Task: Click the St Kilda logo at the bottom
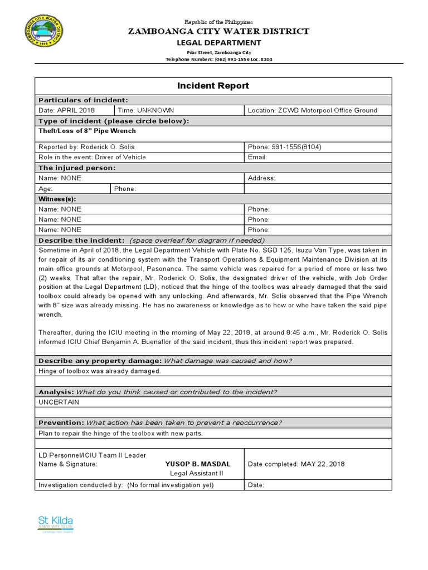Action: point(55,524)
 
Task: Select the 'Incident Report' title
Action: point(213,86)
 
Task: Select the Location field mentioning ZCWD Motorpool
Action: point(312,110)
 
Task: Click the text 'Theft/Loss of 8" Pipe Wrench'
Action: point(87,131)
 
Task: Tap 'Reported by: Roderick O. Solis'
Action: point(86,147)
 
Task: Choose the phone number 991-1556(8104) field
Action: point(284,147)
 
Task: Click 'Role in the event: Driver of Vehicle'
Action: point(92,157)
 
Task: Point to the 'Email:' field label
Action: point(257,157)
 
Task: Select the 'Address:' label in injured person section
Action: point(261,178)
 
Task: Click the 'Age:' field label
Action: point(46,189)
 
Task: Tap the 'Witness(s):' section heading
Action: point(57,199)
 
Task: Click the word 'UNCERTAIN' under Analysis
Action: point(59,402)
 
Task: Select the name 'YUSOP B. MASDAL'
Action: point(198,464)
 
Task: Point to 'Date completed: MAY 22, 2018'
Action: point(296,464)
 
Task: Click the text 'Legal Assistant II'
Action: point(197,474)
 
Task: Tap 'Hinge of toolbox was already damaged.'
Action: point(100,371)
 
